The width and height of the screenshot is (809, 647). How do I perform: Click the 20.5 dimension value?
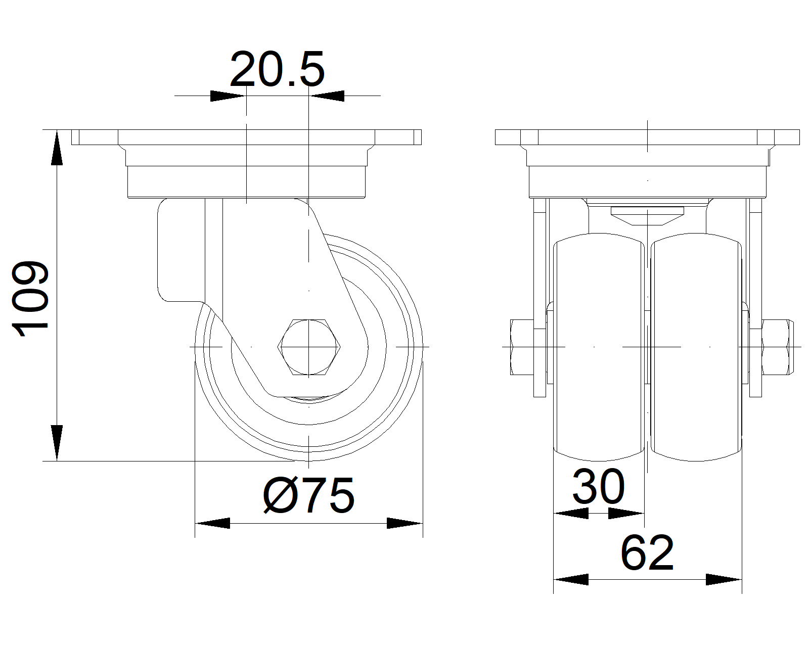(277, 69)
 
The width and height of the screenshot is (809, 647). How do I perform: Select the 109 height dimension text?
(30, 298)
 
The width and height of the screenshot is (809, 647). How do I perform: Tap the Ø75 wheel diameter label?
(308, 495)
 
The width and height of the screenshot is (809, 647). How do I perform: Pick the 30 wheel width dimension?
(599, 486)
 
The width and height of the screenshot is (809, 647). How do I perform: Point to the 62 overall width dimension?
(647, 552)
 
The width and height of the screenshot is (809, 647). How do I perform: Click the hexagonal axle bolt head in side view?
(308, 347)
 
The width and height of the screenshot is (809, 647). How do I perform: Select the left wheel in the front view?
(599, 347)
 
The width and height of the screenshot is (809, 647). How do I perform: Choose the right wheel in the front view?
(696, 347)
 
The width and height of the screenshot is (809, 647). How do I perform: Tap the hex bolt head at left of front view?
(522, 347)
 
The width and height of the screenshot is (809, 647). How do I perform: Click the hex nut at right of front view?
(778, 347)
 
